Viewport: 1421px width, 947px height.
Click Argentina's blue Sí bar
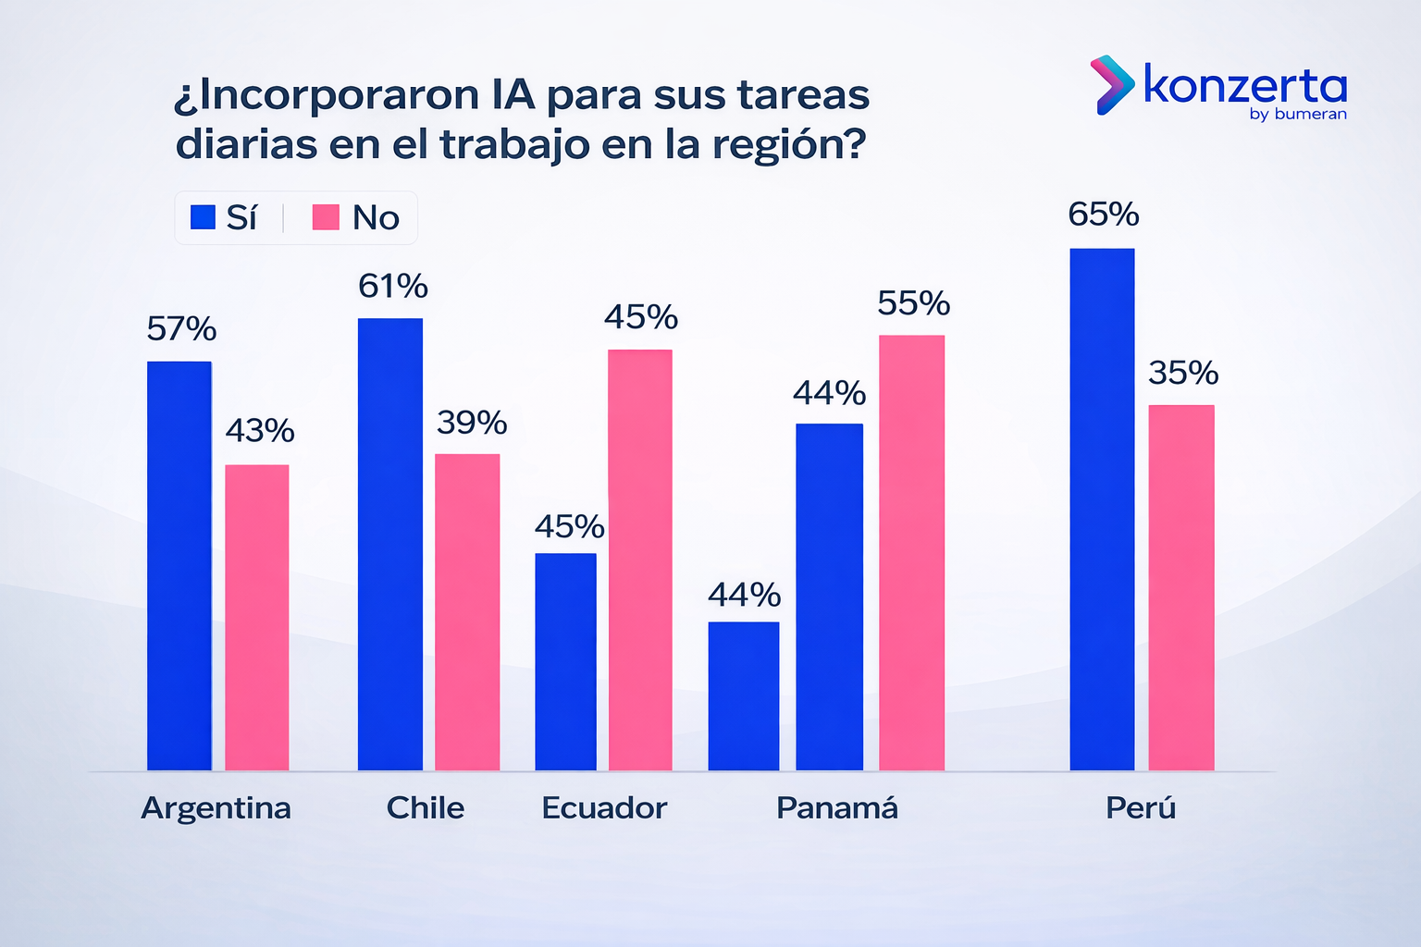[179, 565]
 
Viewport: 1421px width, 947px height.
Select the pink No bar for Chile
[467, 611]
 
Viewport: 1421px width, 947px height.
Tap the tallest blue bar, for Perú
[1102, 509]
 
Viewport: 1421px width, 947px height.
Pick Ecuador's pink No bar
[640, 560]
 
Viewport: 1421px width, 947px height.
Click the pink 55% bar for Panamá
[911, 552]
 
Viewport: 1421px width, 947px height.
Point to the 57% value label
[181, 329]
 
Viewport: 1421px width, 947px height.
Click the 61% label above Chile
[393, 287]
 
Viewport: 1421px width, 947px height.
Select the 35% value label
[1183, 374]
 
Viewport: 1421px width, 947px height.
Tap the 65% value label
[1103, 215]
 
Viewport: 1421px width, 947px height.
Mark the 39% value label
[472, 424]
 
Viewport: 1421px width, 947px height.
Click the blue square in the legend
[203, 217]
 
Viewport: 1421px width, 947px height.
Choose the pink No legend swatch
[326, 217]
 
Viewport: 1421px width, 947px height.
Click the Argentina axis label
[216, 808]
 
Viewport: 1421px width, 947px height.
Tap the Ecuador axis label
[604, 808]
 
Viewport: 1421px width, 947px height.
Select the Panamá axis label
[836, 808]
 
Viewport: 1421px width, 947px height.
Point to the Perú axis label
[1141, 808]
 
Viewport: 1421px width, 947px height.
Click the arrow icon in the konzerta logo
[1111, 85]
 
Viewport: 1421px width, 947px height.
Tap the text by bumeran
[1297, 115]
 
